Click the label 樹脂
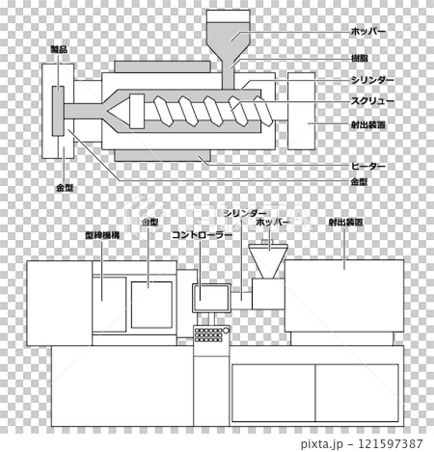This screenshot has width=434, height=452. [x=359, y=58]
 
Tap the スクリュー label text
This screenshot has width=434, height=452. [x=372, y=101]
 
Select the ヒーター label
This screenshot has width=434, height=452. [x=367, y=166]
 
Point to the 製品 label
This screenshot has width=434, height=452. [x=59, y=49]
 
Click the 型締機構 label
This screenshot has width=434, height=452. [x=102, y=235]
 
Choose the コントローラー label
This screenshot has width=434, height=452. [x=202, y=235]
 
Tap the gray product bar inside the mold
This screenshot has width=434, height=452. [x=58, y=111]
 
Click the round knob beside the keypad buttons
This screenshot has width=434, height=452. [x=226, y=331]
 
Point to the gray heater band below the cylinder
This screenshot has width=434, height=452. [x=163, y=155]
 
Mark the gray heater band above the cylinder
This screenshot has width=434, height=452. [x=163, y=66]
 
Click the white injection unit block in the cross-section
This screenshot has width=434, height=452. [x=301, y=111]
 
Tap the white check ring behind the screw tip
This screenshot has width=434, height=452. [x=137, y=111]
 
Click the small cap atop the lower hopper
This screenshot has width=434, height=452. [x=267, y=242]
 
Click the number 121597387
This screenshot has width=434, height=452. [x=391, y=443]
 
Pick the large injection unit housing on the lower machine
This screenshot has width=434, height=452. [x=344, y=296]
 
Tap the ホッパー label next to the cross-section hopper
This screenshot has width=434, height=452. [x=367, y=32]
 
